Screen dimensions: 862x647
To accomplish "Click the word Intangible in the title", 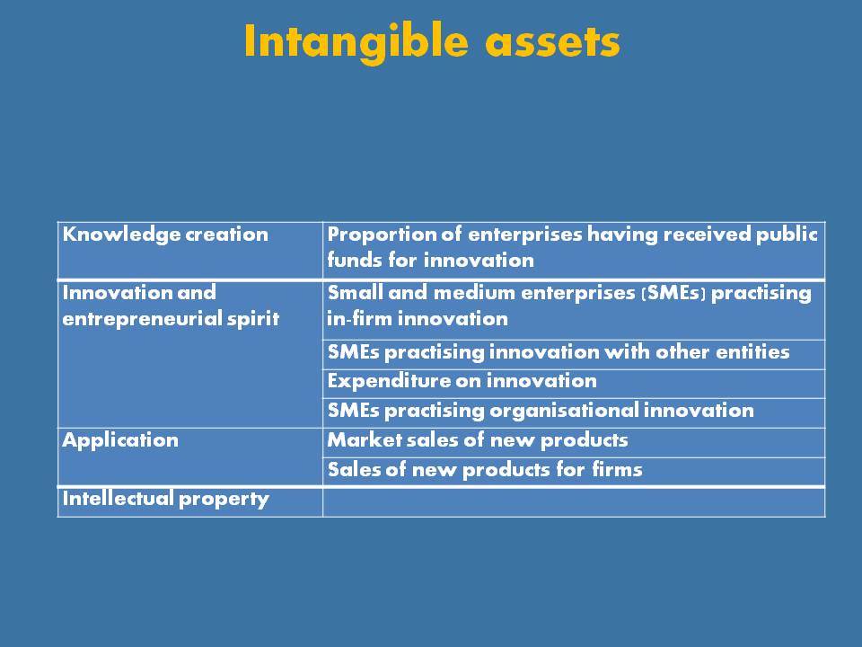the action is [356, 42].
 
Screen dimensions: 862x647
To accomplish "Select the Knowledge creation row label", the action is [165, 235].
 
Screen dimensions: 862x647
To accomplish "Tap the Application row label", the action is [120, 440].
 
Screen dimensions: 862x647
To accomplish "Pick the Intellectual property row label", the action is [165, 499].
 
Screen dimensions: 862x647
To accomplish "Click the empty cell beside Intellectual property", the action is [574, 502].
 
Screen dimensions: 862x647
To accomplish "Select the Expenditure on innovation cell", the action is [462, 381].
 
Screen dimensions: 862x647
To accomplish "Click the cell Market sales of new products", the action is [477, 440].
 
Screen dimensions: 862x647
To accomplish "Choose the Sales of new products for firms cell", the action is [484, 470].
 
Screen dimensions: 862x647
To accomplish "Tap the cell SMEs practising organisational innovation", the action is [541, 411].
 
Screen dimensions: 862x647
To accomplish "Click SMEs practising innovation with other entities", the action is [558, 351].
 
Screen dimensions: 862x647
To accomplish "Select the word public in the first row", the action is [787, 235].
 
